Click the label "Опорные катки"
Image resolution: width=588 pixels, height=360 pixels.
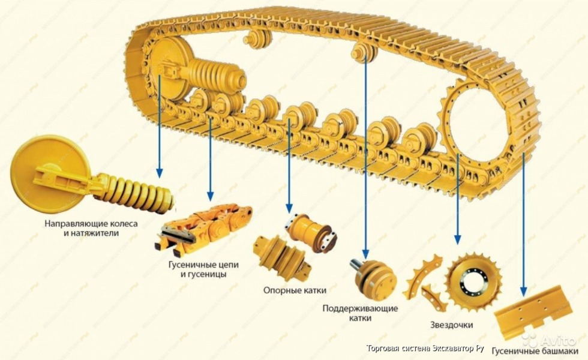click(x=295, y=290)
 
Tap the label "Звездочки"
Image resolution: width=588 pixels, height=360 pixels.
click(x=451, y=325)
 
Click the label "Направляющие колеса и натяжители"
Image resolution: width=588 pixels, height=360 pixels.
click(x=91, y=228)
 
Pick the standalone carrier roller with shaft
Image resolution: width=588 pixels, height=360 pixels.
click(x=371, y=277)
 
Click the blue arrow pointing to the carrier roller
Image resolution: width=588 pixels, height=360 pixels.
click(x=365, y=156)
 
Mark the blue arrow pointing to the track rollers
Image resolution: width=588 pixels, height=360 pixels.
click(x=289, y=162)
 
